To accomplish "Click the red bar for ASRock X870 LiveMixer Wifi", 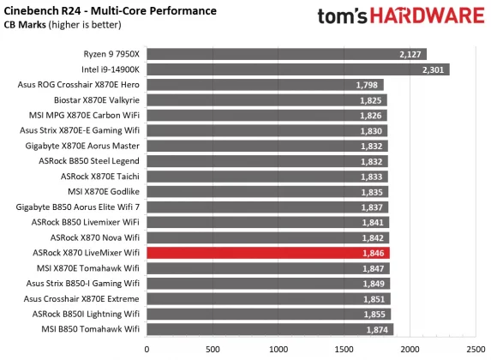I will [x=268, y=253].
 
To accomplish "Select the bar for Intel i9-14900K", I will [x=297, y=69].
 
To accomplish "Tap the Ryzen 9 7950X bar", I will [x=286, y=54].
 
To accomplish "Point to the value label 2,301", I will [x=434, y=69].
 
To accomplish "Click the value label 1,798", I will [x=368, y=85].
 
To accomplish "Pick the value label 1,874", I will [x=378, y=329].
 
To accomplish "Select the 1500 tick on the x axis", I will [x=344, y=350].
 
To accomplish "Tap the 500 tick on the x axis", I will [x=213, y=350].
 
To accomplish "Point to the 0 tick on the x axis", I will [x=147, y=350].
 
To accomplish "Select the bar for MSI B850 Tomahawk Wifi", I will [x=270, y=329].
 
